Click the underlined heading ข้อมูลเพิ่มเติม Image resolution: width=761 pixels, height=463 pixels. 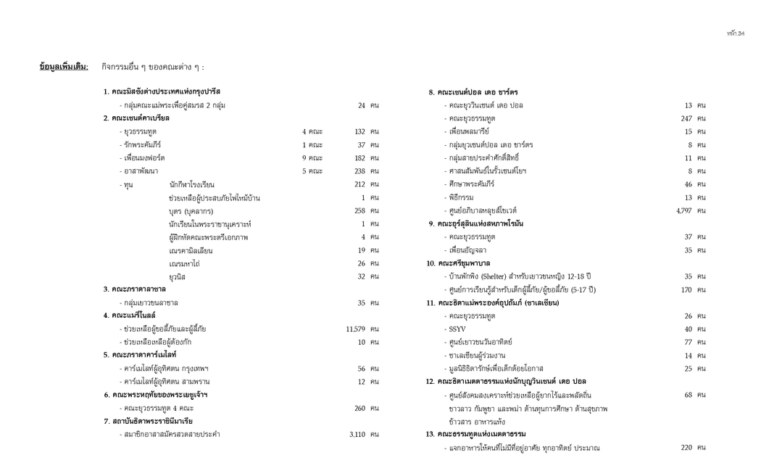(64, 67)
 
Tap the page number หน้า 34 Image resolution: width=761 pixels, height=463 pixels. (736, 33)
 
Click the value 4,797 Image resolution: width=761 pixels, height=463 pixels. (683, 210)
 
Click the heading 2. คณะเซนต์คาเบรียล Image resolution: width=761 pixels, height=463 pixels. (136, 118)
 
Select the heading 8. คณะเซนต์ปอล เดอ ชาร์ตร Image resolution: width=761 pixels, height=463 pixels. (473, 92)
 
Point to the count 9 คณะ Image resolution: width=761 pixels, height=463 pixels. (312, 157)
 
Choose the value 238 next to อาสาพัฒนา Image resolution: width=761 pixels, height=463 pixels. (359, 171)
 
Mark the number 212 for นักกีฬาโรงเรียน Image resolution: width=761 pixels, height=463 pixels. (359, 184)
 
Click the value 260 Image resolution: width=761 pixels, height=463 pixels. (359, 408)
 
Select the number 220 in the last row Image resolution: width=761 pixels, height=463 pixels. (686, 448)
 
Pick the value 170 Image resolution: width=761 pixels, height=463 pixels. (686, 290)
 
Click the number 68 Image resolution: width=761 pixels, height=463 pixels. (689, 395)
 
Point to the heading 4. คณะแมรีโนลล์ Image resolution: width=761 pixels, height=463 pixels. (129, 316)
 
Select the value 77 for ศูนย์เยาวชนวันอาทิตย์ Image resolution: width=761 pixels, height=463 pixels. (689, 342)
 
